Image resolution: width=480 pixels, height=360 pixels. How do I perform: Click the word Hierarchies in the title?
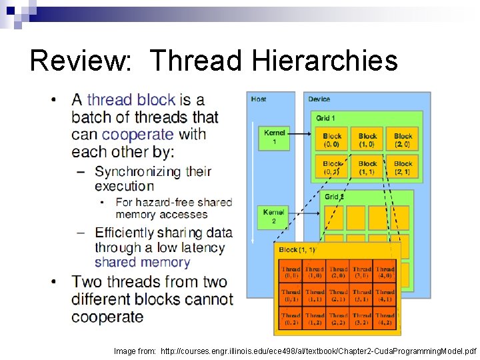coord(325,61)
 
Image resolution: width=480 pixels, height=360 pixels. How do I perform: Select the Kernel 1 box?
coord(275,137)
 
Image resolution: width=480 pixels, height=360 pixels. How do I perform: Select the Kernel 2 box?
coord(274,216)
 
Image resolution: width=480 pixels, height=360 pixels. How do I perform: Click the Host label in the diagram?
coord(259,99)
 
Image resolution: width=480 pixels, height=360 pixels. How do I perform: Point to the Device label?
coord(319,99)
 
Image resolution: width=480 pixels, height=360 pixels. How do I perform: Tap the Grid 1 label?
coord(326,118)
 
